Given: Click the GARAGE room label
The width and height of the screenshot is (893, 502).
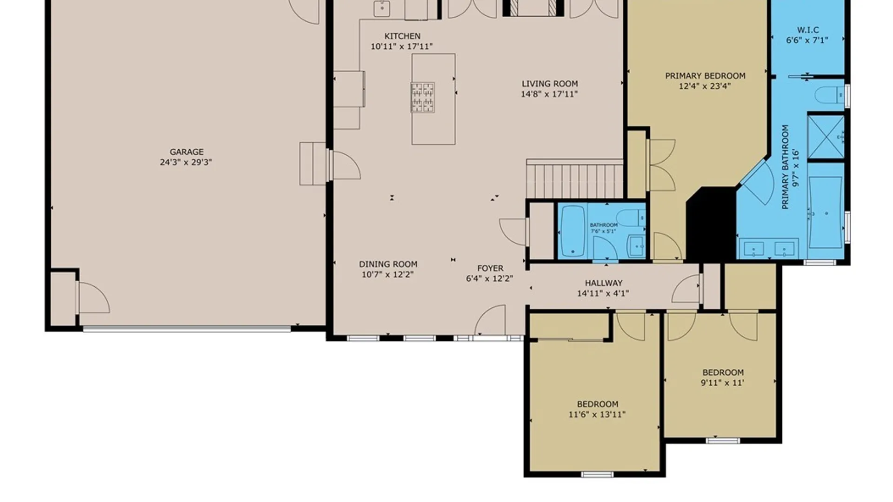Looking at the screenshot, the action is pos(187,152).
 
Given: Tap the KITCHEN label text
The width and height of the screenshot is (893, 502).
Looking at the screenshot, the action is pos(402,36).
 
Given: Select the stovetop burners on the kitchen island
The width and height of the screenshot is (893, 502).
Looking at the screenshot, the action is pos(422,98).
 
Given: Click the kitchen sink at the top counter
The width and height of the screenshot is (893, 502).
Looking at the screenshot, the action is pos(382,8).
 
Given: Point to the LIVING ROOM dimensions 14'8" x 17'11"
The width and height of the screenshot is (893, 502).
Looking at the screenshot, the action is pos(549,94).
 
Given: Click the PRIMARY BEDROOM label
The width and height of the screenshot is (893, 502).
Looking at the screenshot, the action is pos(705,76).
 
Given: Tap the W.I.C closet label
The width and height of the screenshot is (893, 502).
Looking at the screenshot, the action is pos(808,30).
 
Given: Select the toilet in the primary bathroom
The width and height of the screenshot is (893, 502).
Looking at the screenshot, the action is pos(830,95).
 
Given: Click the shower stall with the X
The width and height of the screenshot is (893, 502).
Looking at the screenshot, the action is pos(826,137).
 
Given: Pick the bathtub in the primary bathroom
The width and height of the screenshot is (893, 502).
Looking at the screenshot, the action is pos(826,212).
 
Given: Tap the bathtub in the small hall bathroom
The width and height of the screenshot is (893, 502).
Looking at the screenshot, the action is pos(573,231).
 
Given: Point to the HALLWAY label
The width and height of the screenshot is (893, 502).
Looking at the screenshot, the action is pos(603,283).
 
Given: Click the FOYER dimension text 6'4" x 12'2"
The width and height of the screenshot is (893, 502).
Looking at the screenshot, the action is pos(489,278).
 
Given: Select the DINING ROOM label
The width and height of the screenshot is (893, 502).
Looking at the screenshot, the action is pos(388,264).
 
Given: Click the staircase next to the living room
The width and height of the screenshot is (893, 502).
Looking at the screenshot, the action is pos(575,179).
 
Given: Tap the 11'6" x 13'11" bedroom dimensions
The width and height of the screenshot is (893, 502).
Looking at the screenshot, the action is pos(597,415).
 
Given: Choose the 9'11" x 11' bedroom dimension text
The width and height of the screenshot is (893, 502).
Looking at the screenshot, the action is pos(722,383).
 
